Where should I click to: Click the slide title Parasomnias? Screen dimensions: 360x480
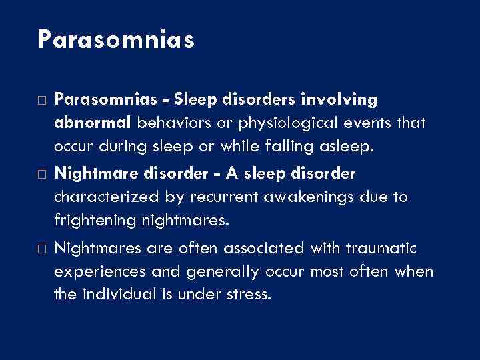[116, 39]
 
